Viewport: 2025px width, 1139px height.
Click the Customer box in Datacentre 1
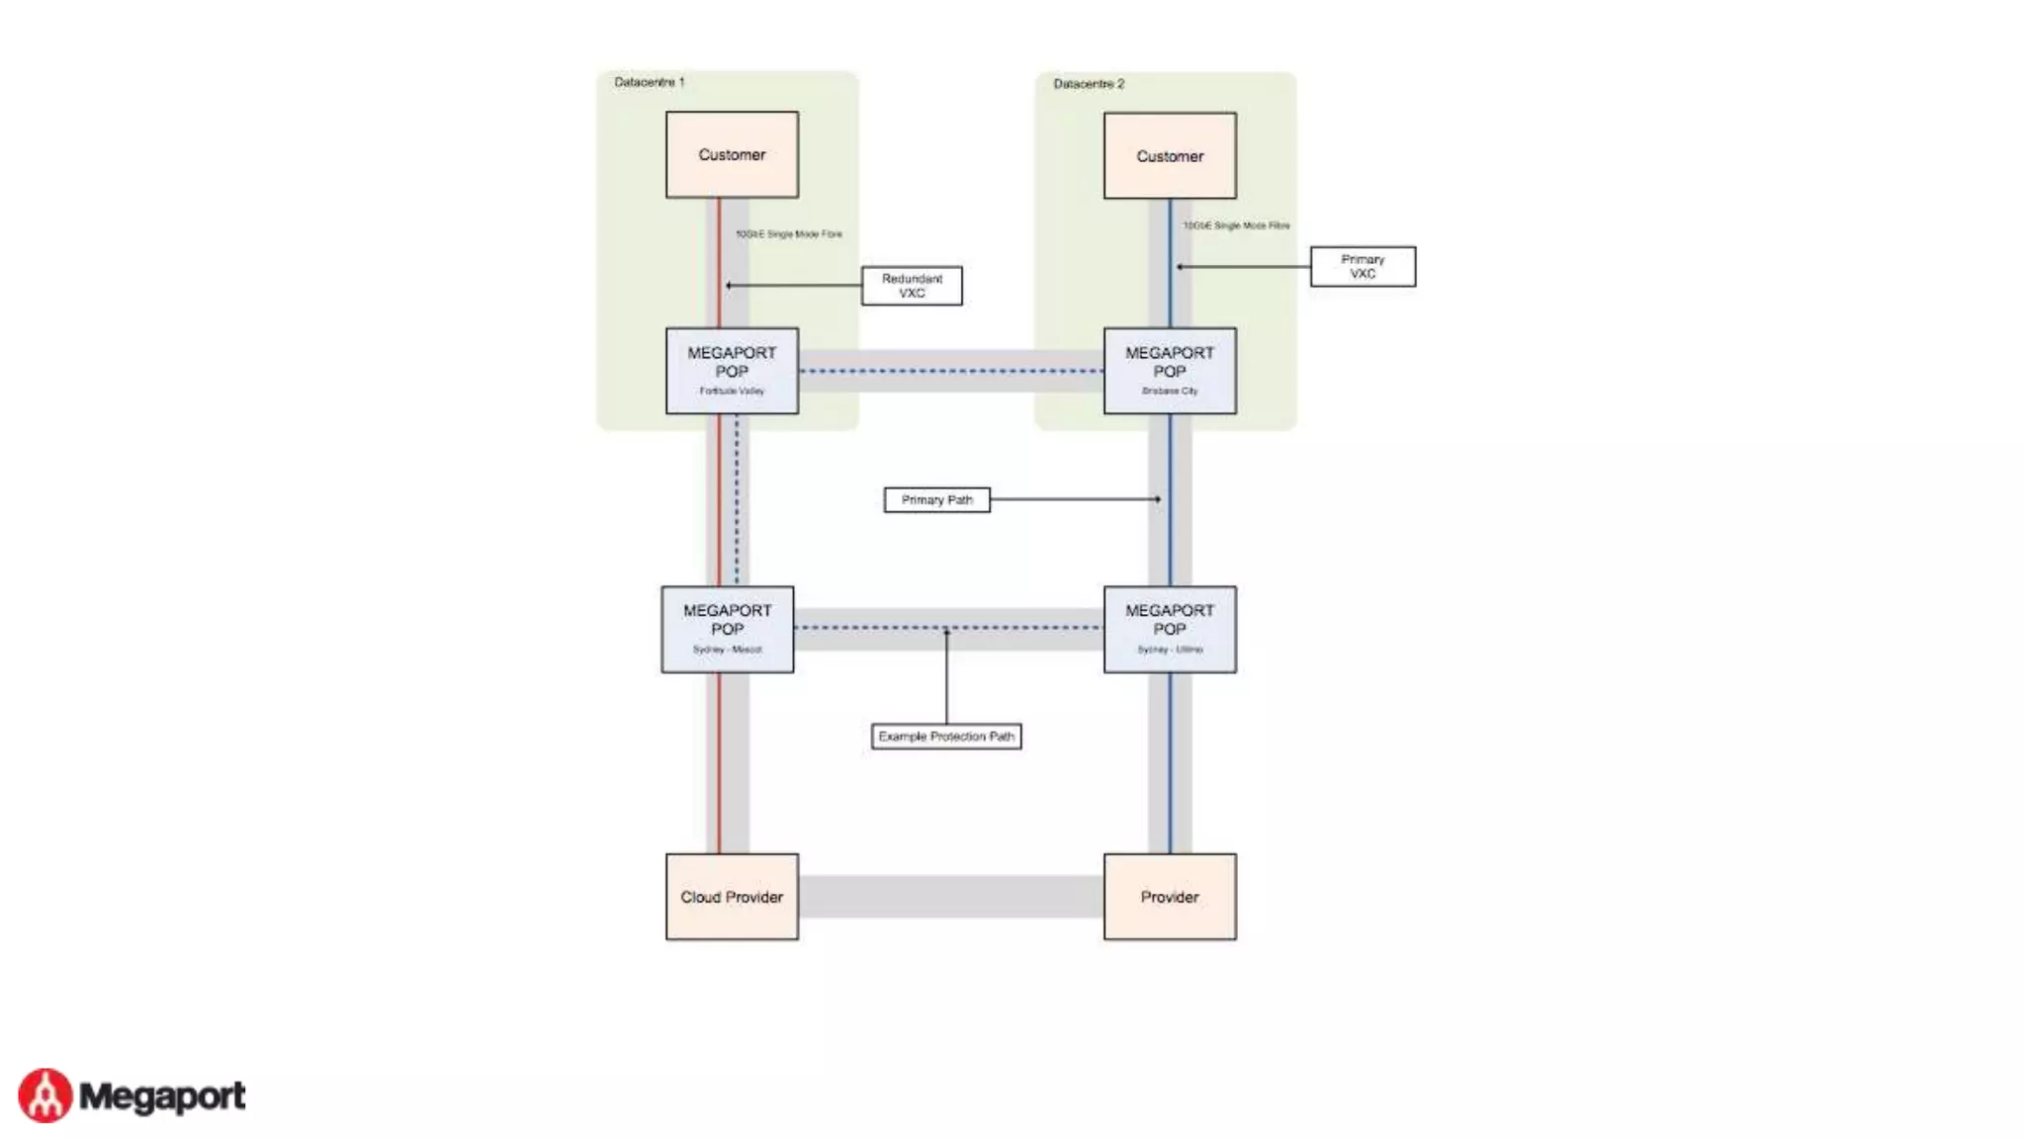[732, 155]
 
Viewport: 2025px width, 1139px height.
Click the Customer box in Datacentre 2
[1170, 156]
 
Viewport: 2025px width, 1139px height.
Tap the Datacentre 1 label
[649, 82]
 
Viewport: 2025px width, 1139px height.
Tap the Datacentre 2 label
[1088, 84]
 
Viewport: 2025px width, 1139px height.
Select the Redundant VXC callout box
[912, 286]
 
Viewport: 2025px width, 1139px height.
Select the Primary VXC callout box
[1363, 267]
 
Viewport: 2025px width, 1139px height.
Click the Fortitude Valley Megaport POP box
[732, 371]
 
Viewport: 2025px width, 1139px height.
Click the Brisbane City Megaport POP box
[1170, 371]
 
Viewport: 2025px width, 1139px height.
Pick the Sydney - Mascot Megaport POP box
[728, 629]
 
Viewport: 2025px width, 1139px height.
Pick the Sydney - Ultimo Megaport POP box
[1170, 629]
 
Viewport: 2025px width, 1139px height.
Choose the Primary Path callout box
[936, 500]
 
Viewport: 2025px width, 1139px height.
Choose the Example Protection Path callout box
[946, 737]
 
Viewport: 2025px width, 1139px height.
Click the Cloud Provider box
[732, 897]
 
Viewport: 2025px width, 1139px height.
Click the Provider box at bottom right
[1170, 897]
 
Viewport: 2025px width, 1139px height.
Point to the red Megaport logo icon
[45, 1095]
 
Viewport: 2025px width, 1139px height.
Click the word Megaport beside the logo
[162, 1096]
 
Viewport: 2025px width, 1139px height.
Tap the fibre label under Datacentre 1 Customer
[789, 234]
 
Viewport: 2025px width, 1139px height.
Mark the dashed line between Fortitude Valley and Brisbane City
[950, 372]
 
